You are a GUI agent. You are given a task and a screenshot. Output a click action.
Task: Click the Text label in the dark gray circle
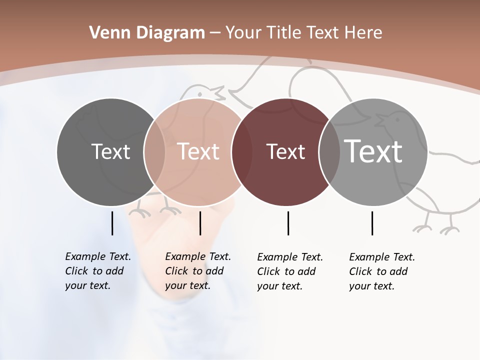tap(110, 151)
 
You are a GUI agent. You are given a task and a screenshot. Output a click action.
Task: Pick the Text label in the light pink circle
tap(198, 151)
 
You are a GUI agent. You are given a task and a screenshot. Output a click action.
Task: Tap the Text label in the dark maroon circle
tap(285, 151)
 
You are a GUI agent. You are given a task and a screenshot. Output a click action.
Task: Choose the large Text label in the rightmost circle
tap(373, 151)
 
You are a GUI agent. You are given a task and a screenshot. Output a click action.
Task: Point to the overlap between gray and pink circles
tap(154, 152)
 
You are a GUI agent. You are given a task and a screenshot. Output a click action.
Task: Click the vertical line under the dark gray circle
tap(112, 223)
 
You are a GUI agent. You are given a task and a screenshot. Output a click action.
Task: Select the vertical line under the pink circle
tap(200, 223)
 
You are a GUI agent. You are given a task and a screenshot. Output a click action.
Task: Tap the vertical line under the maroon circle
tap(288, 223)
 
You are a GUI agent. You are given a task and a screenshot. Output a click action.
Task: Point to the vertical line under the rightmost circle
tap(372, 223)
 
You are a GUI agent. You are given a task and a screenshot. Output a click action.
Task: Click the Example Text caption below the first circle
tap(97, 271)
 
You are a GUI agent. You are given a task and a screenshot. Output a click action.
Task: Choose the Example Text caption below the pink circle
tap(197, 271)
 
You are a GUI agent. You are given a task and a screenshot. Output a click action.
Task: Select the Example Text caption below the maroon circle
tap(289, 271)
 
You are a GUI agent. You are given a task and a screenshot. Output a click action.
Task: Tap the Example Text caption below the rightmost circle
tap(381, 271)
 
